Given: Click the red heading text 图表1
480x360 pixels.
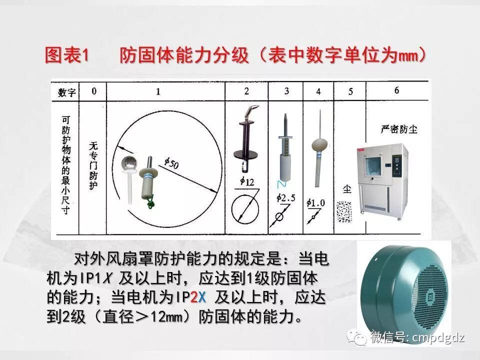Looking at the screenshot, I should click(66, 55).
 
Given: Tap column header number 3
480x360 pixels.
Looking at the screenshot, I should click(286, 91).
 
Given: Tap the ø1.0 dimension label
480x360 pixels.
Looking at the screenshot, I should click(315, 202).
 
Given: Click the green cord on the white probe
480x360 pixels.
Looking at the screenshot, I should click(148, 202).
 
